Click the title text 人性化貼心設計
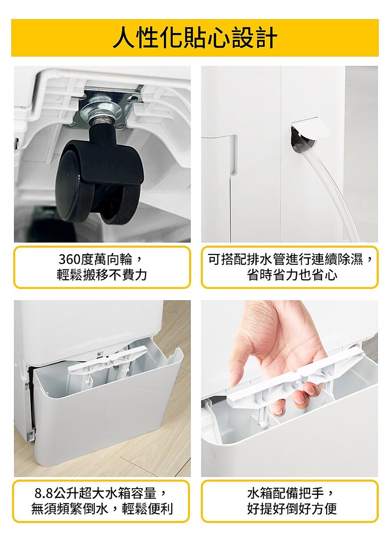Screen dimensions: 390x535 tap(195, 38)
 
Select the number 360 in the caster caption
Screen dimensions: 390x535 tap(70, 259)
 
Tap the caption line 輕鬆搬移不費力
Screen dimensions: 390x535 tap(102, 275)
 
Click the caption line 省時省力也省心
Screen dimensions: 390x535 tap(292, 275)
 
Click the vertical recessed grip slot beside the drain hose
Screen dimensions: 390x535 tap(234, 154)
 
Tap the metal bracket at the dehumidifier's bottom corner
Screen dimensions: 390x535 tap(31, 436)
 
